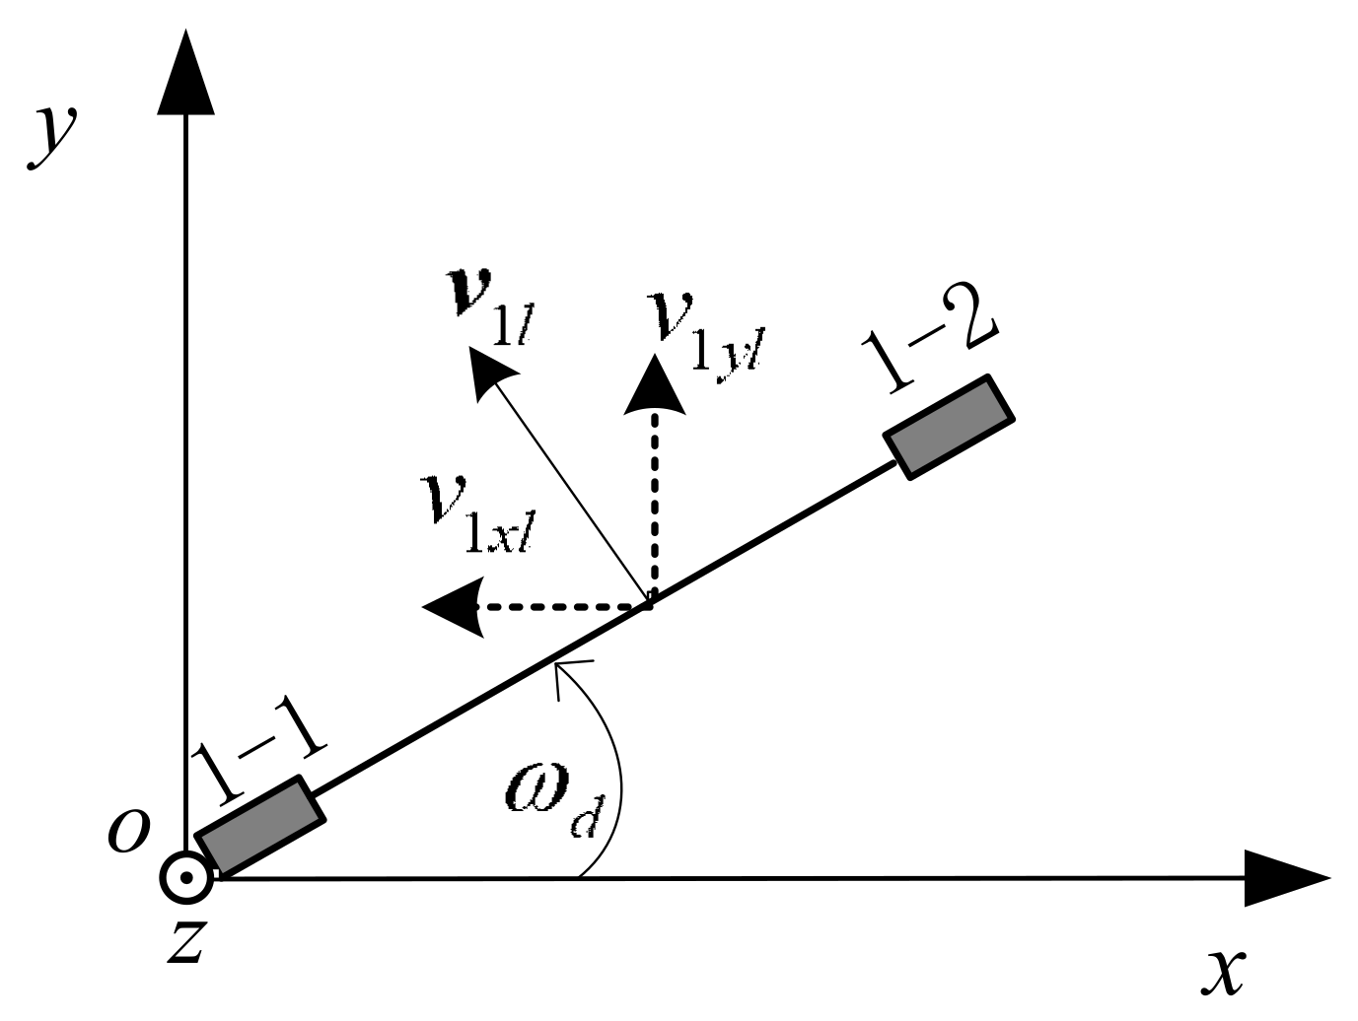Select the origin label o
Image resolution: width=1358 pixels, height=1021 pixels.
point(128,831)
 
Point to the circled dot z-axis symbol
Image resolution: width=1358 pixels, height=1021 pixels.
point(186,877)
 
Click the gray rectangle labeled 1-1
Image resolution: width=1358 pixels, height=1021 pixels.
point(260,827)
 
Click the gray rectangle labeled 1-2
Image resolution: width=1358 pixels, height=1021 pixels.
point(949,427)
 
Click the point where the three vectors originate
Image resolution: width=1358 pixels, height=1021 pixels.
point(648,603)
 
